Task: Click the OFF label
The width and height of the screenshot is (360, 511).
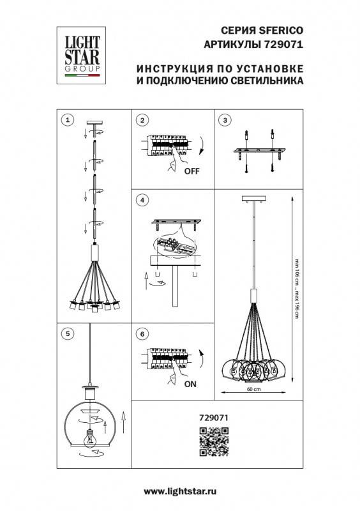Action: pyautogui.click(x=191, y=172)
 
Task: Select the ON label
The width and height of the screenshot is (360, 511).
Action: pyautogui.click(x=190, y=385)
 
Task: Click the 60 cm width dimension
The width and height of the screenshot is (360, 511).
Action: pyautogui.click(x=253, y=389)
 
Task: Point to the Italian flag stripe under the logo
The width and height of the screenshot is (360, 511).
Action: pyautogui.click(x=82, y=76)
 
